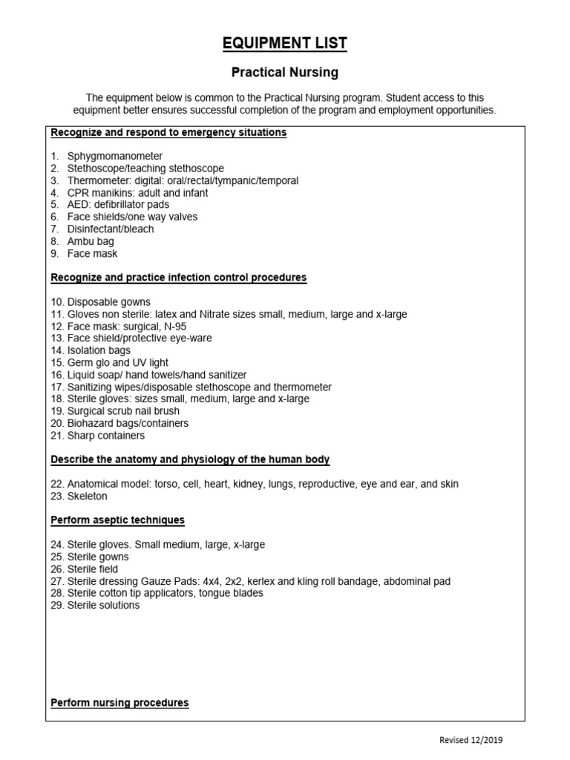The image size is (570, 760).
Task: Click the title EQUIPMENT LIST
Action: click(284, 44)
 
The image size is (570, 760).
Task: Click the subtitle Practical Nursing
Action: click(284, 73)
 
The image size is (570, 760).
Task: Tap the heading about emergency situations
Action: click(168, 133)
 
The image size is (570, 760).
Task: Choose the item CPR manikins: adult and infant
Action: click(137, 193)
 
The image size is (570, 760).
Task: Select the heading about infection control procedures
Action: click(178, 278)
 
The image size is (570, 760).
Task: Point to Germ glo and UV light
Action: click(117, 363)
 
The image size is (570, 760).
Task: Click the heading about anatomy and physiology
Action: click(190, 459)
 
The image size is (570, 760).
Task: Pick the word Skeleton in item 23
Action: click(88, 496)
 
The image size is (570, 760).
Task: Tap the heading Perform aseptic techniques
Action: click(117, 520)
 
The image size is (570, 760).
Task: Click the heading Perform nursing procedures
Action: click(119, 702)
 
